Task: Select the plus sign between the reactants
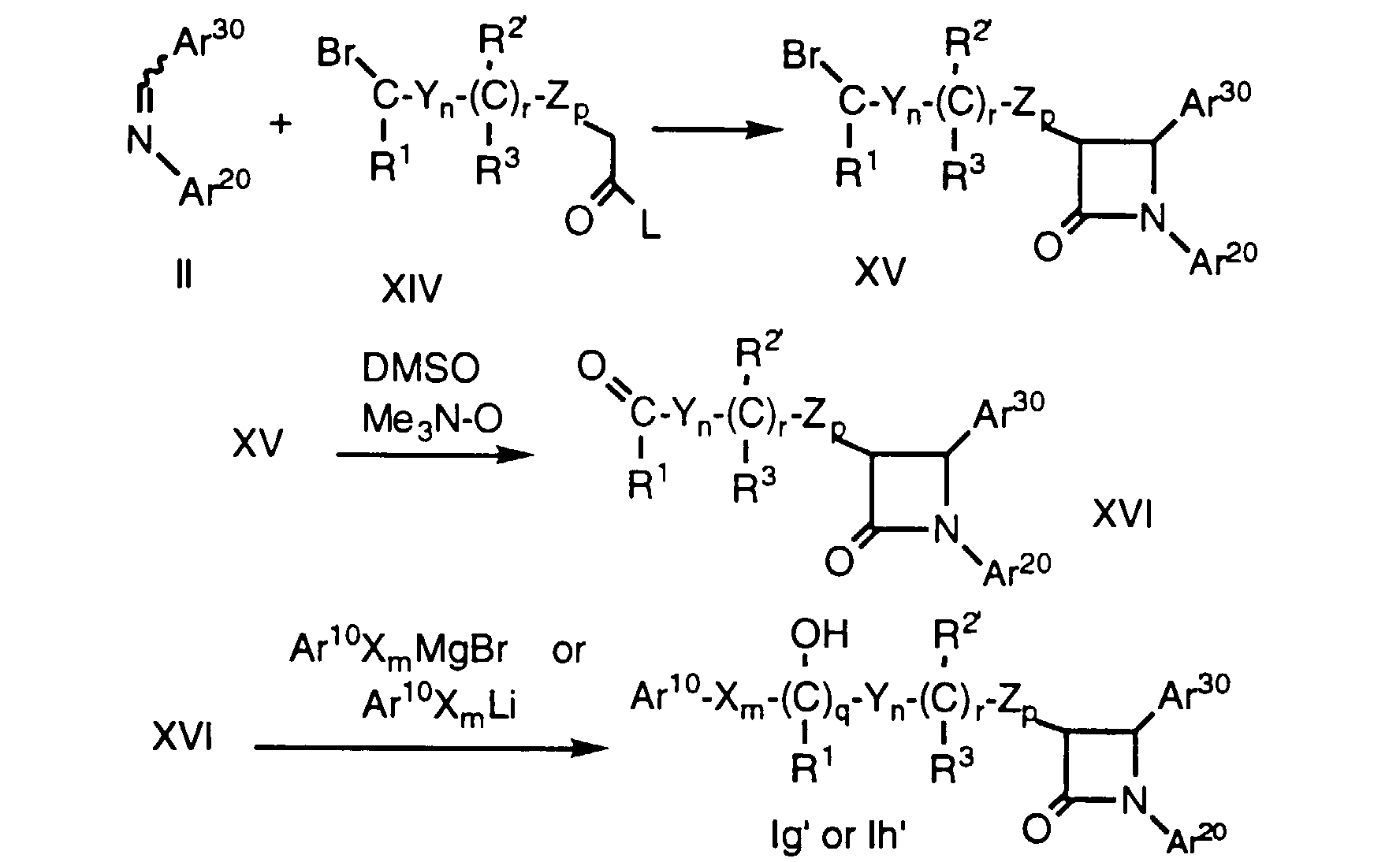pyautogui.click(x=281, y=124)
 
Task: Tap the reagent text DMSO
pyautogui.click(x=421, y=369)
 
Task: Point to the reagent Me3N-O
pyautogui.click(x=431, y=420)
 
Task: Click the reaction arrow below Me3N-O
pyautogui.click(x=434, y=455)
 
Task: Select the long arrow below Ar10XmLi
pyautogui.click(x=431, y=747)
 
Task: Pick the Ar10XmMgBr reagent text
pyautogui.click(x=398, y=650)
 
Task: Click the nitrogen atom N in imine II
pyautogui.click(x=140, y=141)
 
